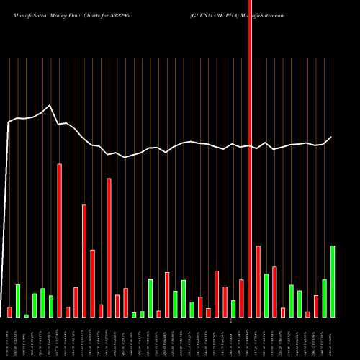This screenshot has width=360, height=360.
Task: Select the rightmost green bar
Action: [x=333, y=282]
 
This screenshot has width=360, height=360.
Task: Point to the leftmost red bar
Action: [x=9, y=312]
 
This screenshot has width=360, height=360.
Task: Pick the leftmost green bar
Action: [x=18, y=301]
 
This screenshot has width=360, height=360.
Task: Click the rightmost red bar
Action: [x=316, y=306]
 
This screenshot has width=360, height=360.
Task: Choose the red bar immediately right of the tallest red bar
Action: [x=258, y=282]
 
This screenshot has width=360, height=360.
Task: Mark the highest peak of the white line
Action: [x=50, y=106]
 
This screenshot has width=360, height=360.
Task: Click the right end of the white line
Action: [x=333, y=137]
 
